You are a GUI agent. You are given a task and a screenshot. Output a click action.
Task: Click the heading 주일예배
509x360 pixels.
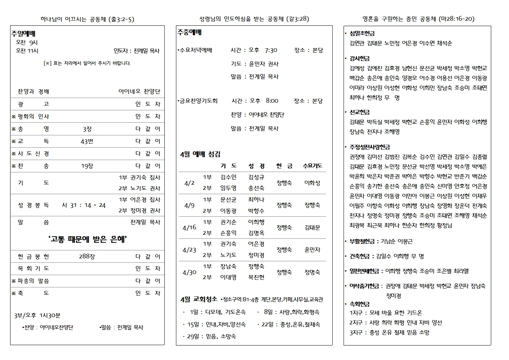point(23,34)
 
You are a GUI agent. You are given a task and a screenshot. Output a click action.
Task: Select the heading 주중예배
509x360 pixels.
point(189,32)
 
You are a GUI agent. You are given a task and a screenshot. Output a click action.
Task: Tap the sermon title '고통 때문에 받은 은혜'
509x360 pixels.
point(87,239)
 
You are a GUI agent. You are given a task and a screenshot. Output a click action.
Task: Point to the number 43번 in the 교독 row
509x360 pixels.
point(87,141)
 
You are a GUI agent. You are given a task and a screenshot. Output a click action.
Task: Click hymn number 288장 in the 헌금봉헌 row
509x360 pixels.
point(87,256)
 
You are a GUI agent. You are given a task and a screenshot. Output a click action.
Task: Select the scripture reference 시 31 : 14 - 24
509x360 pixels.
point(83,205)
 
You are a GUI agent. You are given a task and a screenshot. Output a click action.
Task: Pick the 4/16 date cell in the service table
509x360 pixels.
point(189,228)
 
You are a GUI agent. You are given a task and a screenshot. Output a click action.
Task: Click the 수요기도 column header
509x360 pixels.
point(312,166)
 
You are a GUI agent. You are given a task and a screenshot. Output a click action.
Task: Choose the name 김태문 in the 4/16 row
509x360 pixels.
point(312,228)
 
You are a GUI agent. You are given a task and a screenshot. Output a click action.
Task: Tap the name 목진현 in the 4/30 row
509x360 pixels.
point(256,277)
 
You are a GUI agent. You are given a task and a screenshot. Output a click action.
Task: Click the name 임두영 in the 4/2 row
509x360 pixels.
point(228,188)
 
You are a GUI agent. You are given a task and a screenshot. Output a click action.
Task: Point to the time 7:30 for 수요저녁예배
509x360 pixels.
point(271,50)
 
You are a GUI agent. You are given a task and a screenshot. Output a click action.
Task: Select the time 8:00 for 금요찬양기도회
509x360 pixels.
point(272,101)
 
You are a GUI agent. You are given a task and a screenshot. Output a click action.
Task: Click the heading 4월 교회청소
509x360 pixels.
point(198,299)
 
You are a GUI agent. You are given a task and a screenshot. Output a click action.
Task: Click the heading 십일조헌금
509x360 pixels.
point(362,33)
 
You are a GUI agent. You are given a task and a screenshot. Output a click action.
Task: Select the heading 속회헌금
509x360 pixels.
point(360,304)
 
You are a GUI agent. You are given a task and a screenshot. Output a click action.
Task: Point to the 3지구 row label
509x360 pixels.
point(357,332)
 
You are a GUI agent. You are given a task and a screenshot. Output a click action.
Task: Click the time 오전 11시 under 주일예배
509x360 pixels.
point(27,51)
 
